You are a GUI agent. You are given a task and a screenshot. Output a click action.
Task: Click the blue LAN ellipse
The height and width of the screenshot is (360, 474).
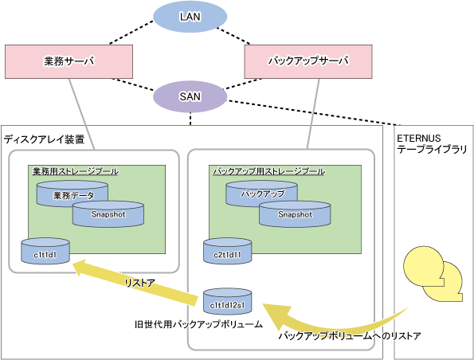[x=190, y=17]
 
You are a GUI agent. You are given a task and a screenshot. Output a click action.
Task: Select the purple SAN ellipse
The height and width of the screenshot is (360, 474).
[x=190, y=96]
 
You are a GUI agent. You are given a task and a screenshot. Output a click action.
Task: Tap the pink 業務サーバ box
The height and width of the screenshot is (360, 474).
[x=69, y=61]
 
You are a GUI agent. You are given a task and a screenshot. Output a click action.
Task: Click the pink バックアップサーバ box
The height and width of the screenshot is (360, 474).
[x=308, y=61]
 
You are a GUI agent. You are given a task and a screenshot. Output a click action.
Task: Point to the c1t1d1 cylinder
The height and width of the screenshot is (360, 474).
[x=45, y=251]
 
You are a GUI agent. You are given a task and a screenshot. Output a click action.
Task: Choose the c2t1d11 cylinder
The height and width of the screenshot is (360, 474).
[x=227, y=251]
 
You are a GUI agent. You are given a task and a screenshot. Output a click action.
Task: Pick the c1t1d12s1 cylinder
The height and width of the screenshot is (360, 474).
[x=227, y=301]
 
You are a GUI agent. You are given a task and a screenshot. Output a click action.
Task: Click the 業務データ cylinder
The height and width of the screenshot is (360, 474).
[x=72, y=194]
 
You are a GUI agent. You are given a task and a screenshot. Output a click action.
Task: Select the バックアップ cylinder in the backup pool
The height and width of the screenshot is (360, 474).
[x=262, y=194]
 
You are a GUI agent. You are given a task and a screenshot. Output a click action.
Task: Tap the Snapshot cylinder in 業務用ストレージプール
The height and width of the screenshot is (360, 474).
[x=108, y=214]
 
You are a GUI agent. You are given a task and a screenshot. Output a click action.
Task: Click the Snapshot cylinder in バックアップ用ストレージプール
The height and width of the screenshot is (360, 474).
[x=295, y=214]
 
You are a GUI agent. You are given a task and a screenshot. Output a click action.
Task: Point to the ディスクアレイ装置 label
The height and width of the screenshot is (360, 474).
[x=44, y=139]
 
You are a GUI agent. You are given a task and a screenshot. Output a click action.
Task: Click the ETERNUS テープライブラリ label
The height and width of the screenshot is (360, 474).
[x=432, y=144]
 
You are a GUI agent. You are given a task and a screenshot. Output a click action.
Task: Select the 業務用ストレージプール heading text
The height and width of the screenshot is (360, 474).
[x=76, y=171]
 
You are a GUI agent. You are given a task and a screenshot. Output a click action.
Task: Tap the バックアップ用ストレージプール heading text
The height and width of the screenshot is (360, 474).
[x=268, y=171]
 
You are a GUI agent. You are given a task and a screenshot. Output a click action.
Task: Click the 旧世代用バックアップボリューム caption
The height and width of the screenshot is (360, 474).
[x=198, y=325]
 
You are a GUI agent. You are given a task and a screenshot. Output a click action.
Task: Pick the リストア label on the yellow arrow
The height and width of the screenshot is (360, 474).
[x=139, y=283]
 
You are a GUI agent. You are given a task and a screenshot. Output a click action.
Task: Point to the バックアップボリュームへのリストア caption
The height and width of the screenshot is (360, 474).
[x=350, y=335]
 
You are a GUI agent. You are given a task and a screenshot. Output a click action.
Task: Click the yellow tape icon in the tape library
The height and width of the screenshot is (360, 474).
[x=433, y=274]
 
